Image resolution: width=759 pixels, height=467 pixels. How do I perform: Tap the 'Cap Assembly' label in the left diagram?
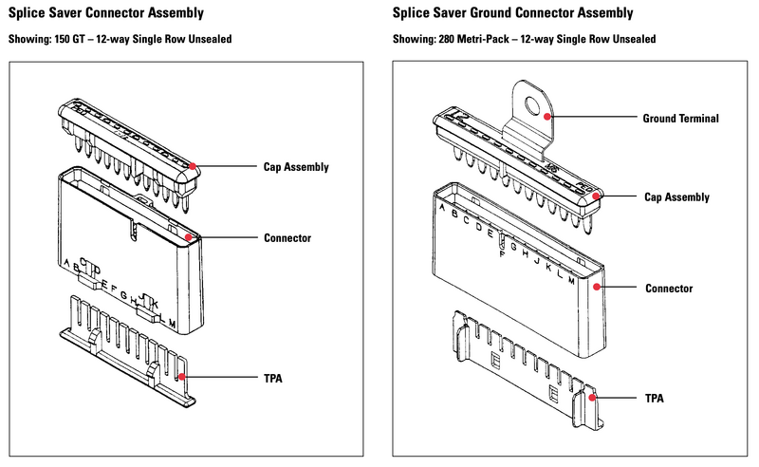click(x=297, y=167)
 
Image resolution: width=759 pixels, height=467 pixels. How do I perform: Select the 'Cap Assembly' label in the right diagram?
click(x=676, y=197)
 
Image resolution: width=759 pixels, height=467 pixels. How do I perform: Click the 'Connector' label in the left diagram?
click(x=287, y=237)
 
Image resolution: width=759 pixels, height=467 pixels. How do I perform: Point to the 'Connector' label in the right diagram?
click(x=667, y=288)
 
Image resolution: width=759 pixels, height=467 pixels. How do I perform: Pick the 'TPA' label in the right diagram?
click(x=654, y=399)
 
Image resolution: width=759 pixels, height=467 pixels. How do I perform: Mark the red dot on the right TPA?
click(x=593, y=399)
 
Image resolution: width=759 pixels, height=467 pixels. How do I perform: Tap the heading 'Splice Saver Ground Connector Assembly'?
click(x=513, y=14)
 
